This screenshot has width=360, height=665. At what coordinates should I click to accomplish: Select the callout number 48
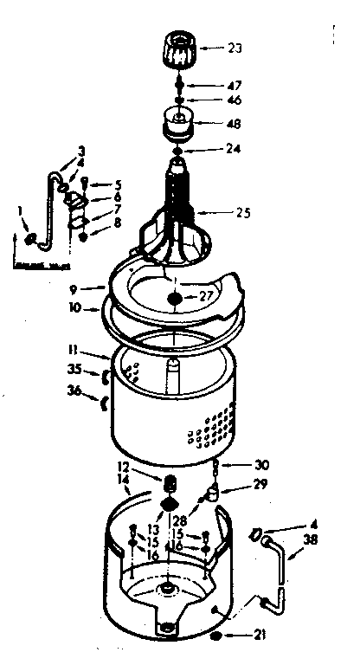pos(233,125)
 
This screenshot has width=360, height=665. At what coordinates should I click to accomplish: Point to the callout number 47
pos(234,85)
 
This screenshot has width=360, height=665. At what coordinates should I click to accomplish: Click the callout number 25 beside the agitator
pos(243,210)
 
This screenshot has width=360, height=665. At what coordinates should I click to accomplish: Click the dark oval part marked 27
pos(177,298)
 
